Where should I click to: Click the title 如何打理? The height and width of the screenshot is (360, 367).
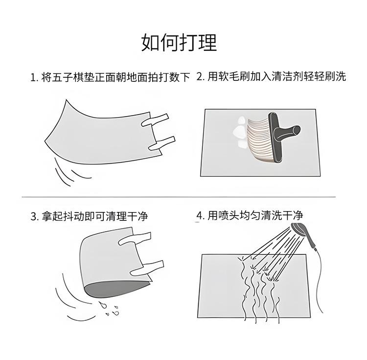(179, 43)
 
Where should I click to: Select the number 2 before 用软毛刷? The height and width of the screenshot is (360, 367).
(200, 76)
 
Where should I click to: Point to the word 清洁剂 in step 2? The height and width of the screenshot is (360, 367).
(287, 76)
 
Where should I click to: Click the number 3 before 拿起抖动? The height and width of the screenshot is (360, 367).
(33, 216)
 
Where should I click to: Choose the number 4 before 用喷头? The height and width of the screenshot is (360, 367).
(200, 216)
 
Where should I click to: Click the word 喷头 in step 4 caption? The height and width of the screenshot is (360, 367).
(229, 216)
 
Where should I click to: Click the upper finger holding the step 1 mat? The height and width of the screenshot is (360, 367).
(155, 120)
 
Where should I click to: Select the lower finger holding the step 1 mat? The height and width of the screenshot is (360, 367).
(162, 144)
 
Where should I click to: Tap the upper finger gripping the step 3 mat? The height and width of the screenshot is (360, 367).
(135, 239)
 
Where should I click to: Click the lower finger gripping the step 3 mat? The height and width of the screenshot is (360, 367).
(147, 268)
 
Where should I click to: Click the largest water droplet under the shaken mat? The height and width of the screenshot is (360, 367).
(103, 305)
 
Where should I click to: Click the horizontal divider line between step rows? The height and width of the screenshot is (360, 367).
(179, 197)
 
